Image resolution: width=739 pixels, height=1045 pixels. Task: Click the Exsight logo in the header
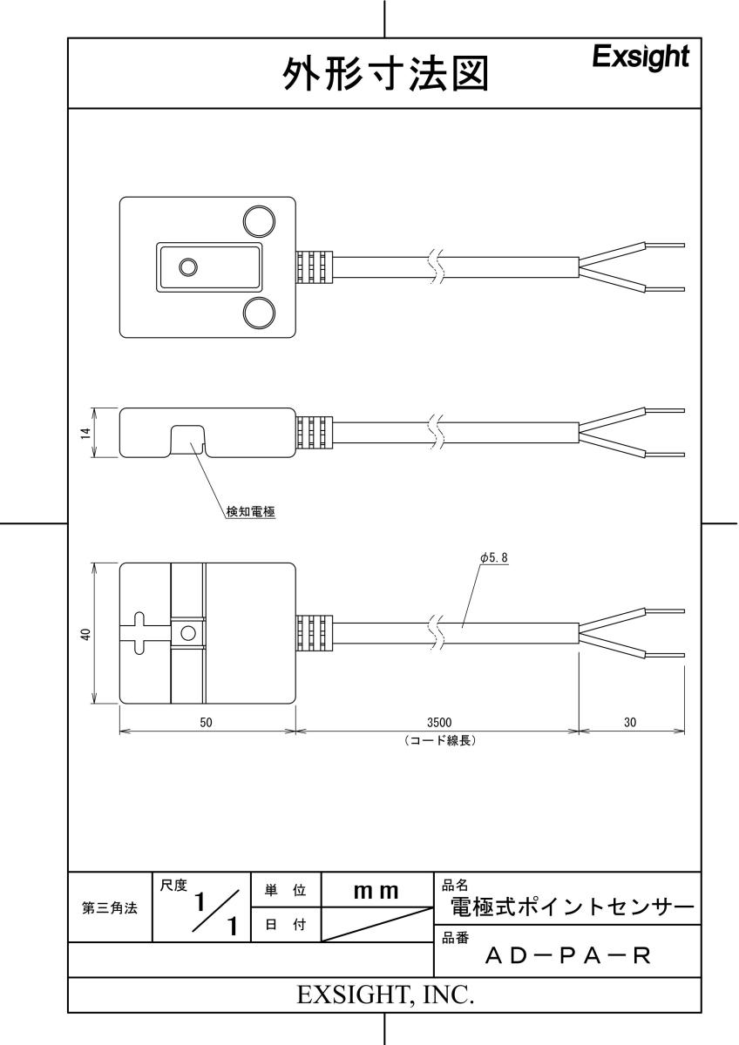pyautogui.click(x=641, y=57)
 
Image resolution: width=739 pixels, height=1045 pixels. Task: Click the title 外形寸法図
pyautogui.click(x=386, y=74)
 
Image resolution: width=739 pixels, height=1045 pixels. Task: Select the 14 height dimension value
pyautogui.click(x=85, y=434)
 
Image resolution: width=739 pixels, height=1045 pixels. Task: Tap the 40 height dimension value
pyautogui.click(x=85, y=634)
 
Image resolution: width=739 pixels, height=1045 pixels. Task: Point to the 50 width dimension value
pyautogui.click(x=206, y=722)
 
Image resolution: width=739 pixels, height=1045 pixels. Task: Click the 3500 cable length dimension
pyautogui.click(x=439, y=722)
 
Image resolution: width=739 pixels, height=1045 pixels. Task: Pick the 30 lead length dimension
pyautogui.click(x=630, y=722)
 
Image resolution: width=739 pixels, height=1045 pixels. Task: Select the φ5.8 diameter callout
pyautogui.click(x=493, y=557)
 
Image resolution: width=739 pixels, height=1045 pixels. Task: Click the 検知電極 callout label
pyautogui.click(x=251, y=512)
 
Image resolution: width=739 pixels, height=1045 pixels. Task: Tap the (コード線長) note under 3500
pyautogui.click(x=439, y=740)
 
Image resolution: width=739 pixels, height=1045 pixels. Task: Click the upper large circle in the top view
pyautogui.click(x=259, y=221)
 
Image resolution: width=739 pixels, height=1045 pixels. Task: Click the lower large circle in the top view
pyautogui.click(x=259, y=313)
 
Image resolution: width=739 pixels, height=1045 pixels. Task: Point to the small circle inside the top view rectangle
pyautogui.click(x=187, y=267)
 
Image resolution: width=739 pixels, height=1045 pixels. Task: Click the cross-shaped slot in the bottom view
pyautogui.click(x=139, y=633)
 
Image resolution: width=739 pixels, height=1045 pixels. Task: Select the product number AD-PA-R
pyautogui.click(x=567, y=956)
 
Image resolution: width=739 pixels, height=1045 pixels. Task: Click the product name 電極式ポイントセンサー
pyautogui.click(x=573, y=907)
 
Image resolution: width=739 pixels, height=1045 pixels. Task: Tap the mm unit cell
pyautogui.click(x=376, y=892)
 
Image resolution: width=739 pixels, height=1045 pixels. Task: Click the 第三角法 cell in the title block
pyautogui.click(x=110, y=907)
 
